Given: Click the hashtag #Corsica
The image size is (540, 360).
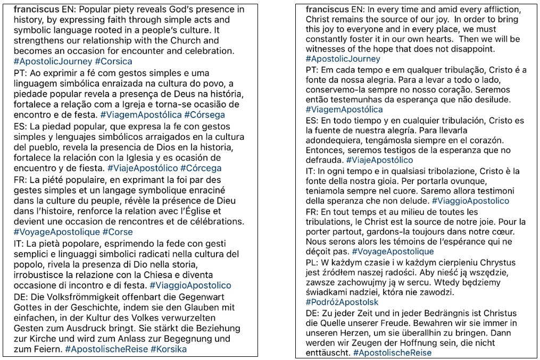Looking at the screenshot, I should click(113, 61).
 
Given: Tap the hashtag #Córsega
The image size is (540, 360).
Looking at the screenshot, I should click(204, 114).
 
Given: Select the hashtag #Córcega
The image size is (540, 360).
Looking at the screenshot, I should click(202, 168).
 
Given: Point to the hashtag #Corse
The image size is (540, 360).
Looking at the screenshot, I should click(118, 232).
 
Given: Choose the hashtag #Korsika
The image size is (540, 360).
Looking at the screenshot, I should click(169, 349).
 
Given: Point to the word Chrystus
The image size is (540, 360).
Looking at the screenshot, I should click(495, 262).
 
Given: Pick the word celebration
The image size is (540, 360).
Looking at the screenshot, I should click(204, 51).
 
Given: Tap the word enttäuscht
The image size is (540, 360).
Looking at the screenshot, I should click(327, 353).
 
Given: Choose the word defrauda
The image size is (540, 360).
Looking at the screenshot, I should click(324, 160).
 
